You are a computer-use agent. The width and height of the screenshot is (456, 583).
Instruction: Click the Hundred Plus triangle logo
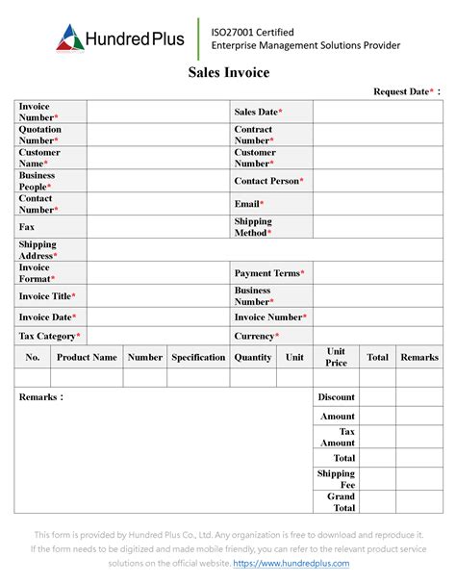[x=70, y=37]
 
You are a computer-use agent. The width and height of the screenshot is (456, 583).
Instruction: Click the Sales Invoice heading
[x=228, y=72]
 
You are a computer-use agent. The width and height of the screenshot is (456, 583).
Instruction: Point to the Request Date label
[x=406, y=91]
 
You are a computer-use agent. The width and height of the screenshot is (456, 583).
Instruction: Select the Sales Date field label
[x=259, y=113]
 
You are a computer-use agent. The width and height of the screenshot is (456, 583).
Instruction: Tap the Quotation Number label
[x=40, y=135]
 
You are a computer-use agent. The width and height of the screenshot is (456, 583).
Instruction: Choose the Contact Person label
[x=269, y=181]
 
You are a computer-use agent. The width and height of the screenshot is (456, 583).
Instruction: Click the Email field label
[x=249, y=204]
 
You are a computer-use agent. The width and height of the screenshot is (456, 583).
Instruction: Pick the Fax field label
[x=27, y=227]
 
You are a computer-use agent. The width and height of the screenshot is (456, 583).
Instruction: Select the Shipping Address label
[x=38, y=250]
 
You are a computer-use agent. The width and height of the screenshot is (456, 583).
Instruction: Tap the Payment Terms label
[x=270, y=273]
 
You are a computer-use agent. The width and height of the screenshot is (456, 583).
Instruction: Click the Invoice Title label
[x=47, y=296]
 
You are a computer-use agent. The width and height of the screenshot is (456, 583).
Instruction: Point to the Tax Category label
[x=50, y=336]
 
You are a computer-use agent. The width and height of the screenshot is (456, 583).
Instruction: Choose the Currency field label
[x=257, y=336]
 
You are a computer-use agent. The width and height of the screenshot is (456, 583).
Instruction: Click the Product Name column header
[x=87, y=357]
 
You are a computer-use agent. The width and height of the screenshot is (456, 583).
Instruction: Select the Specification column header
[x=198, y=357]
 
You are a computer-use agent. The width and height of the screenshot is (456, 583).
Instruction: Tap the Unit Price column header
[x=336, y=357]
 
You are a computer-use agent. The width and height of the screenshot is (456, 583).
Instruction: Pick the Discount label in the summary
[x=337, y=396]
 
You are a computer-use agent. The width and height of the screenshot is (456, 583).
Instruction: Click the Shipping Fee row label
[x=337, y=479]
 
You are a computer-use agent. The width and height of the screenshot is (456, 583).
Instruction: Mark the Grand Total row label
[x=342, y=502]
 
